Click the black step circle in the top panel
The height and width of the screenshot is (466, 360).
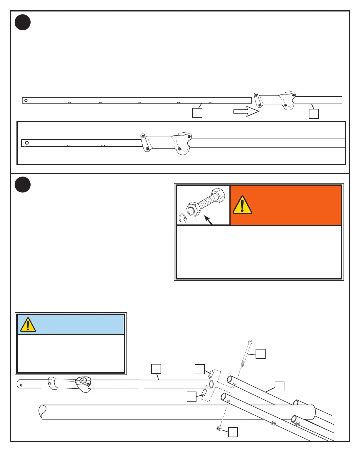coord(23,22)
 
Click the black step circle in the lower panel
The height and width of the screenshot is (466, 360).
coord(23,185)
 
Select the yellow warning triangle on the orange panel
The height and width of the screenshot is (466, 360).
coord(242,205)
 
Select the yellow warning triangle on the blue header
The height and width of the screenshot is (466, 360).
coord(28,325)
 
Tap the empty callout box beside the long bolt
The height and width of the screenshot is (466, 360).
coord(260,354)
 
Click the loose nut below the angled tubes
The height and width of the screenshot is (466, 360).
coord(219,428)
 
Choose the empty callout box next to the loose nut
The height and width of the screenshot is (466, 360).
coord(233,432)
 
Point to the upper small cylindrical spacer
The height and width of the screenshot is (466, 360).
coord(211,374)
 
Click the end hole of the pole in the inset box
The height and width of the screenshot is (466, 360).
coord(27,143)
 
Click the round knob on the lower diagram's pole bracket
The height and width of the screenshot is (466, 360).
coord(83,380)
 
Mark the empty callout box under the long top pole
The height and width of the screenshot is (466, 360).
coord(197,113)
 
